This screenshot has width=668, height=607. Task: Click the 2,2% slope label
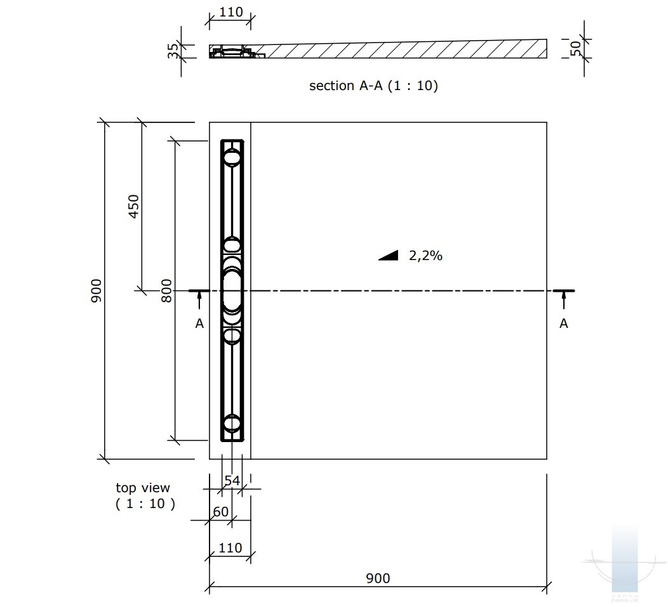tap(425, 256)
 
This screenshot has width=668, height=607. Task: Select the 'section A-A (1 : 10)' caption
tap(373, 86)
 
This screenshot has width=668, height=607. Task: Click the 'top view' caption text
tap(143, 488)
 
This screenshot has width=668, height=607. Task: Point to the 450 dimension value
tap(134, 206)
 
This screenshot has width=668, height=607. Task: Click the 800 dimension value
tap(166, 290)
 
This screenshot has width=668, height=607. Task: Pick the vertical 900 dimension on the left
tap(97, 290)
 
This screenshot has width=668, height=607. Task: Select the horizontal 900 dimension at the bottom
tap(378, 578)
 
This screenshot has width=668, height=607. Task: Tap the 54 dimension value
tap(232, 481)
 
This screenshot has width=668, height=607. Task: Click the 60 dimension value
tap(221, 512)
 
